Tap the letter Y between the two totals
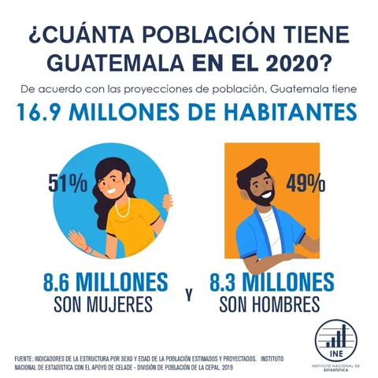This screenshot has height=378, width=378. (189, 295)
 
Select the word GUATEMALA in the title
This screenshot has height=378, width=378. (117, 60)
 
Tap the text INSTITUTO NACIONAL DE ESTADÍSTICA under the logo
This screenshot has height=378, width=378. (335, 369)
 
